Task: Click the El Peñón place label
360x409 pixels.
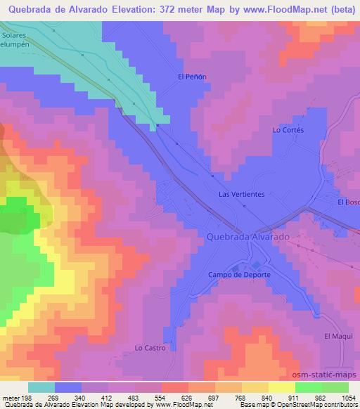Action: [x=191, y=77]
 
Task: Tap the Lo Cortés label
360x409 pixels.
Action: [x=286, y=130]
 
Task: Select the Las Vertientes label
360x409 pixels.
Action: [x=242, y=195]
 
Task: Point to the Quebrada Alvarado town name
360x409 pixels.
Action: [x=248, y=238]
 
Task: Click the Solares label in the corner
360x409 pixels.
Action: [x=13, y=35]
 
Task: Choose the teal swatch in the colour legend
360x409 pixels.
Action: [x=41, y=387]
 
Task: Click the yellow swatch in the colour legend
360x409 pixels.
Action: [x=281, y=387]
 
